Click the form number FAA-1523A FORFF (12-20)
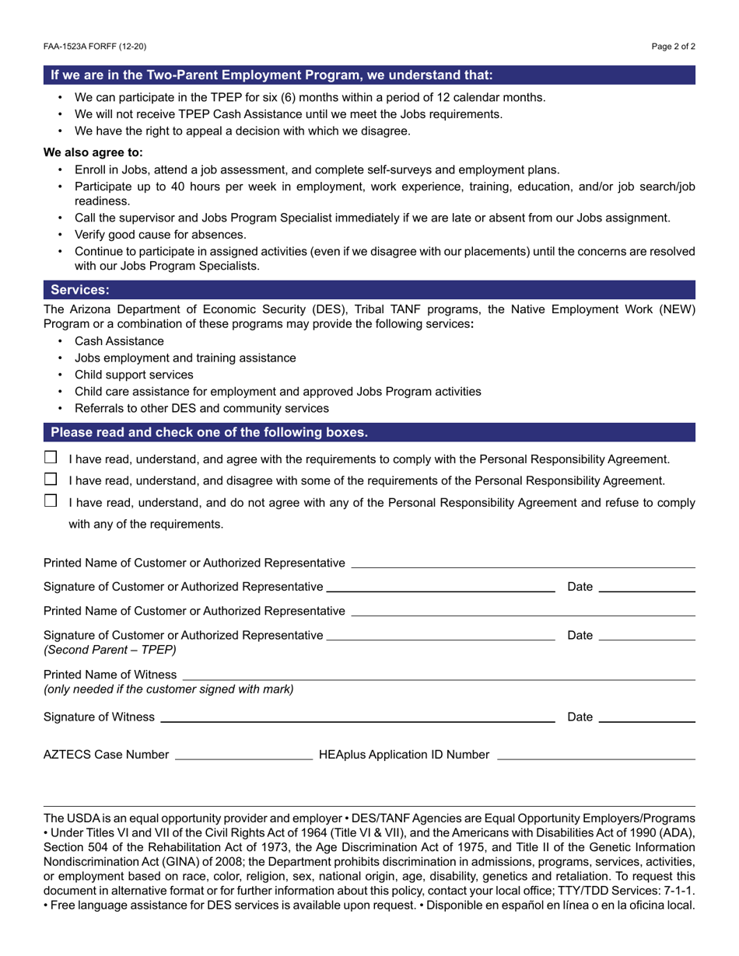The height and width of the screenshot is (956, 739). click(95, 47)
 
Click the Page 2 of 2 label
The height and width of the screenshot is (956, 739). click(674, 47)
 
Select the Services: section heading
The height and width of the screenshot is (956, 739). click(80, 290)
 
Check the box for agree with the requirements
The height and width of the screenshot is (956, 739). click(51, 458)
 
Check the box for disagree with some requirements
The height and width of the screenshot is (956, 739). click(51, 479)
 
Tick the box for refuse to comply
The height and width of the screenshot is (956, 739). click(51, 501)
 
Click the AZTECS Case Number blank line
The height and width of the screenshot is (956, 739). click(244, 754)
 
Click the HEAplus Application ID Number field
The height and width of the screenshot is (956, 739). click(595, 754)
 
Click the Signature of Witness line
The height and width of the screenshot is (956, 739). click(358, 717)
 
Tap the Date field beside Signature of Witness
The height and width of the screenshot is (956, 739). click(646, 717)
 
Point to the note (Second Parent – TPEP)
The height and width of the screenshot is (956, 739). click(110, 650)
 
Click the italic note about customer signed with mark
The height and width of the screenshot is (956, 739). click(169, 689)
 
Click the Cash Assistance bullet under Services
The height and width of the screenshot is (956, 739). click(119, 341)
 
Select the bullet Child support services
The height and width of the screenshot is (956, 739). click(134, 375)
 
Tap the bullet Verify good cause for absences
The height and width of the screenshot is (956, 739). click(160, 235)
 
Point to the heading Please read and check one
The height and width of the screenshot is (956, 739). click(209, 432)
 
